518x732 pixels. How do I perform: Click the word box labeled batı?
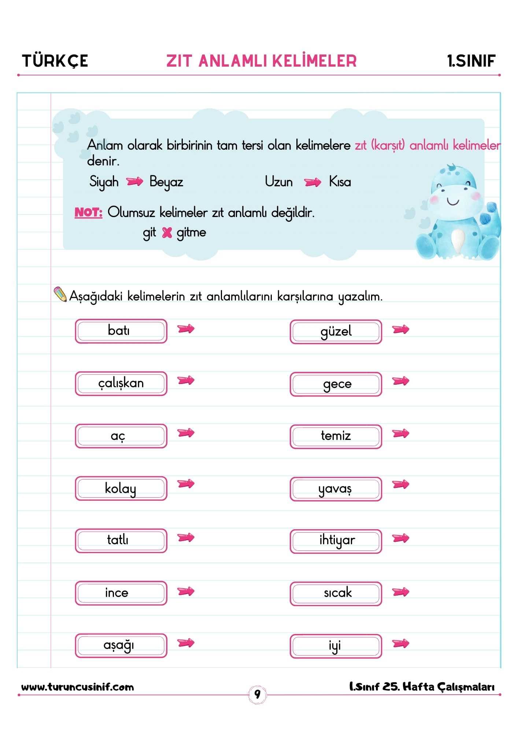point(121,331)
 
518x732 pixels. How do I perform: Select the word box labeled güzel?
point(336,332)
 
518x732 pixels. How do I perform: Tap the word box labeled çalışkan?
point(121,383)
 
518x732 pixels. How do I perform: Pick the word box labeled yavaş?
point(336,489)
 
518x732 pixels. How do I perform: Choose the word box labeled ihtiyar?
point(336,541)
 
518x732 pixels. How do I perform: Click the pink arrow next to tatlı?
point(186,538)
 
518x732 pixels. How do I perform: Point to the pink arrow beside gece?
point(400,381)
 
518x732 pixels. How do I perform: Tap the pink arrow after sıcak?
point(400,592)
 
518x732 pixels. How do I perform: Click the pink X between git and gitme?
point(167,232)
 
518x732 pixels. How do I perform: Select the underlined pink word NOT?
point(88,212)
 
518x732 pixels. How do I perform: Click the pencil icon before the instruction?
point(60,294)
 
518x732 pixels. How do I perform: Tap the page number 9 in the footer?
point(258,694)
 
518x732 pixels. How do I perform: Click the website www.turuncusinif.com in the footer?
point(78,687)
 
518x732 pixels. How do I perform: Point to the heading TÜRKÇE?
point(55,61)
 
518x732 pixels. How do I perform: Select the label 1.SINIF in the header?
point(471,61)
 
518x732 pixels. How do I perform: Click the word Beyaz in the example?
point(166,182)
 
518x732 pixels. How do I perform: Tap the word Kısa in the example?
point(340,182)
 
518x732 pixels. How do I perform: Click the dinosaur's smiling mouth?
point(453,202)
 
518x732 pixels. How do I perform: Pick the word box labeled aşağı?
point(121,645)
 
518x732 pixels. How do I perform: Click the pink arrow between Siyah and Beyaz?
point(134,182)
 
